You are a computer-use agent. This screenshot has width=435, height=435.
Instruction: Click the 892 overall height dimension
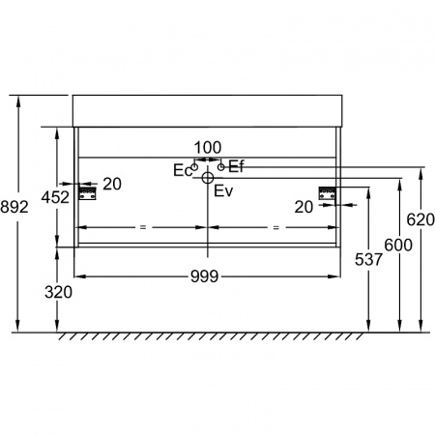click(14, 207)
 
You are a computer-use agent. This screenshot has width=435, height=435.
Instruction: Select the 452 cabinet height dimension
click(55, 197)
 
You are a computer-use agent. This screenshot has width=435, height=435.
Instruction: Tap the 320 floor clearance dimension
click(58, 292)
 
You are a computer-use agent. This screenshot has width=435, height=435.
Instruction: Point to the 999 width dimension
click(204, 276)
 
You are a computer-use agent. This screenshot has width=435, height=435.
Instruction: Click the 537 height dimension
click(368, 259)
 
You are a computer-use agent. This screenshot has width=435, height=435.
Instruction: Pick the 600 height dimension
click(398, 246)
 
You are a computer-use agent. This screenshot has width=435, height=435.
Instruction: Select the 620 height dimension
click(420, 219)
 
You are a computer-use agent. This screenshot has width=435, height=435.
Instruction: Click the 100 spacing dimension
click(208, 148)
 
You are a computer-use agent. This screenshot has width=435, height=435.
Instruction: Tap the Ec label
click(183, 170)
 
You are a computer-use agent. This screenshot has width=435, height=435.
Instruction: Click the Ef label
click(236, 166)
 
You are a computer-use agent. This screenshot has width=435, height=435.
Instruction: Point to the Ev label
click(223, 191)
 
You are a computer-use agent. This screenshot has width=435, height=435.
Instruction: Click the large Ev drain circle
click(208, 178)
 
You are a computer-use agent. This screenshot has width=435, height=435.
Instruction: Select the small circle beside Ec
click(194, 167)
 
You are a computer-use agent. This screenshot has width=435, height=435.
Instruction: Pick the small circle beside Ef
click(221, 167)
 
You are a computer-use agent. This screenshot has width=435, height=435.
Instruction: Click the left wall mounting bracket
click(88, 193)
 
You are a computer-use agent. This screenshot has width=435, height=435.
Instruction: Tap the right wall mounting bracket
click(328, 193)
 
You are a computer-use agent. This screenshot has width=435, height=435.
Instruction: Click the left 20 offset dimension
click(112, 184)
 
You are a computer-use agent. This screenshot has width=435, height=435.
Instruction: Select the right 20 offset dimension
click(304, 207)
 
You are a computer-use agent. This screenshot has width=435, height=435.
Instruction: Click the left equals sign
click(143, 227)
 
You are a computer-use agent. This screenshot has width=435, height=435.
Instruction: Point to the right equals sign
click(275, 227)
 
